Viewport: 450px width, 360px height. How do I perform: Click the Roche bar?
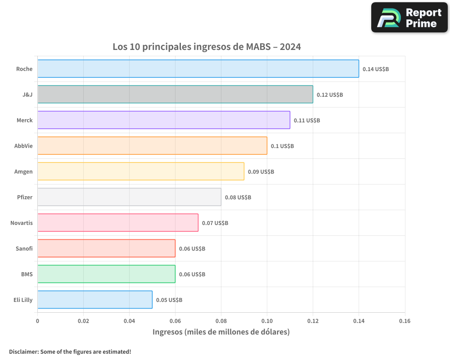point(198,69)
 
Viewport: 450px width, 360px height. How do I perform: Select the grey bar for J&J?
point(175,94)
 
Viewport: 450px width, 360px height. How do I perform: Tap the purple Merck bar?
point(163,120)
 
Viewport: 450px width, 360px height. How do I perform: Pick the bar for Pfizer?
point(129,197)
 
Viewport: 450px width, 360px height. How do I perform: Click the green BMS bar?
point(106,274)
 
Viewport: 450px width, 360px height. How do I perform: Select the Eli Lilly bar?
point(94,300)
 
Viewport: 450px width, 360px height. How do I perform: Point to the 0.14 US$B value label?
point(375,69)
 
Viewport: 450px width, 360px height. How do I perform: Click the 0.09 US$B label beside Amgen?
point(261,172)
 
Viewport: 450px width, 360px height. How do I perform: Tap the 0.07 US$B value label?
point(215,223)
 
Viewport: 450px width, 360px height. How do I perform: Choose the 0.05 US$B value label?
point(169,300)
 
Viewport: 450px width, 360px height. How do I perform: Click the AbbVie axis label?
point(23,146)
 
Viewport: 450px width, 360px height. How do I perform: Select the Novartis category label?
point(22,223)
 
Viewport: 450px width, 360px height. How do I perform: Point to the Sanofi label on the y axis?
point(24,248)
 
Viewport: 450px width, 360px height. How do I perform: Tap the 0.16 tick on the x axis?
point(405,321)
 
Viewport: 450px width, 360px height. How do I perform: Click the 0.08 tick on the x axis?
point(221,321)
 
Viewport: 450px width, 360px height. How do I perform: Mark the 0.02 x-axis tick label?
point(83,321)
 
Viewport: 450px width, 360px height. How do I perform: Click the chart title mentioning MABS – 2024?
point(207,47)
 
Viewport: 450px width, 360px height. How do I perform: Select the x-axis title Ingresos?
point(221,332)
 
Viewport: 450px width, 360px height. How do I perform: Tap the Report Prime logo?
point(409,18)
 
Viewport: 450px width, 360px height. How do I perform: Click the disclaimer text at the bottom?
point(70,351)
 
